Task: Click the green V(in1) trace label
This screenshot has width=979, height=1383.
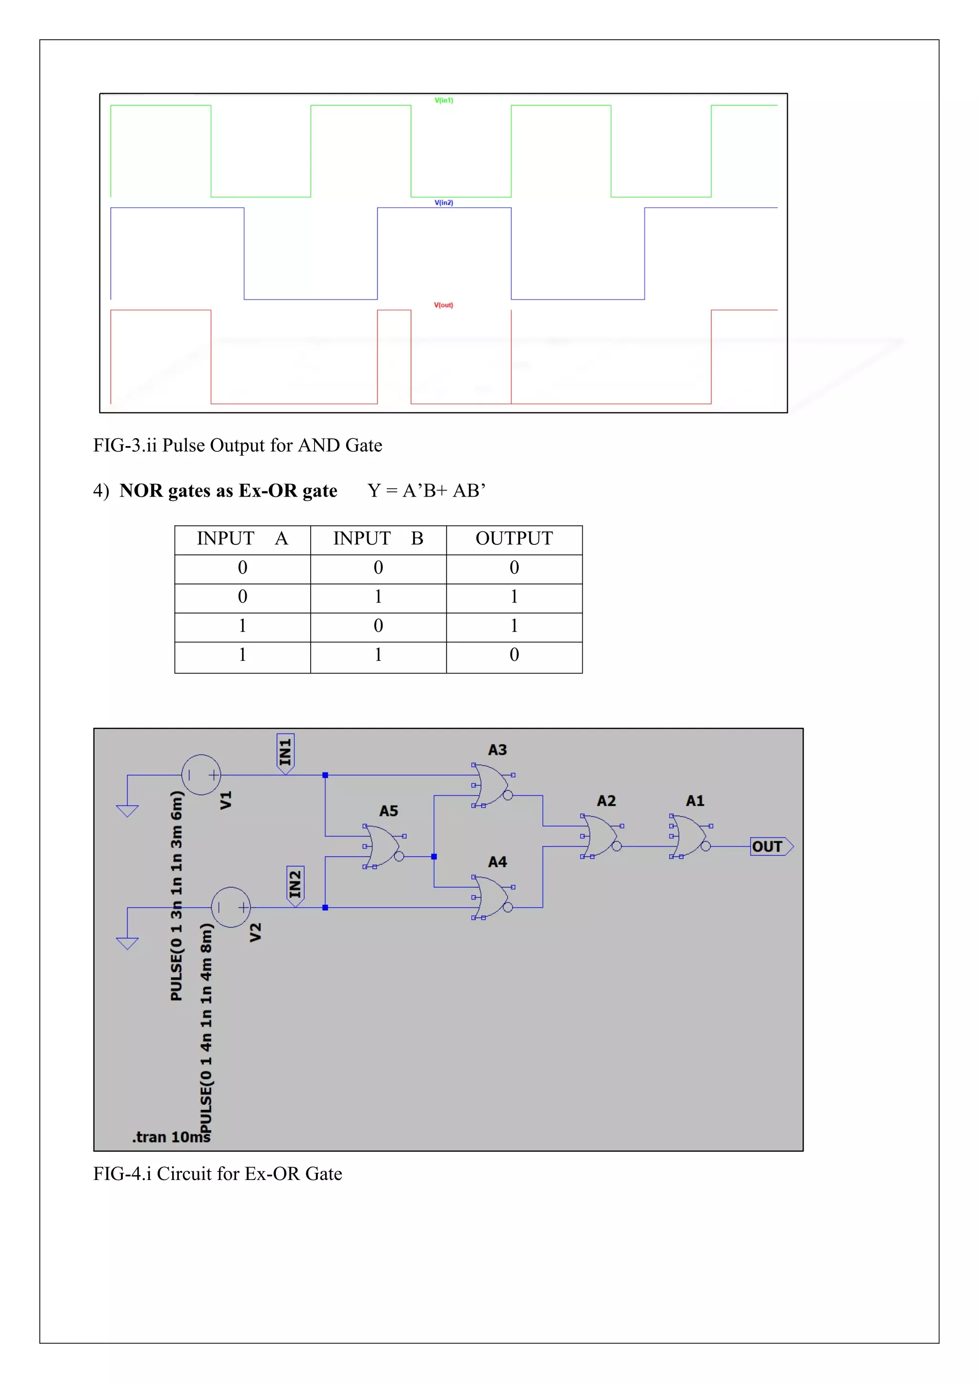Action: pos(444,100)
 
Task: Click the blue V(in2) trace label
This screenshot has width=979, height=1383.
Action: pos(444,202)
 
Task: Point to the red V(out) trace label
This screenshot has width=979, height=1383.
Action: pos(444,305)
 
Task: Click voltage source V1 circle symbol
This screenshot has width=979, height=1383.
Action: pos(201,775)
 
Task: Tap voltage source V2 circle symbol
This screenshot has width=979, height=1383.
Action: pos(231,907)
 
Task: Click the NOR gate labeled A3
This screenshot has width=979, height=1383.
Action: pos(492,785)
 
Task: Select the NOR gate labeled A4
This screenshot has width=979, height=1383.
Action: pos(492,897)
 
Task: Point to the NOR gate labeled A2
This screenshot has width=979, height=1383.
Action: pos(600,836)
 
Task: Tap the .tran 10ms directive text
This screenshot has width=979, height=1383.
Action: pos(171,1137)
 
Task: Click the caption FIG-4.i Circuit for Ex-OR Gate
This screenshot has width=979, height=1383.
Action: pos(218,1173)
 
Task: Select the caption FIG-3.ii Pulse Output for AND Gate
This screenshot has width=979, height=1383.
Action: pos(238,445)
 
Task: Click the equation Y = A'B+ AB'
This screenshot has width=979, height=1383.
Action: pos(426,490)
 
